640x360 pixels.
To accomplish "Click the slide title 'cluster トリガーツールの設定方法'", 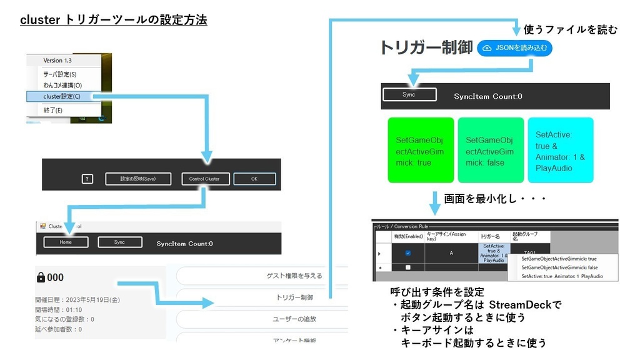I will click(113, 20).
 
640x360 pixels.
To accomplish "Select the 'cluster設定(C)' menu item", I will click(62, 96).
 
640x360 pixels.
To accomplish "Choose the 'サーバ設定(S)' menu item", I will click(60, 74).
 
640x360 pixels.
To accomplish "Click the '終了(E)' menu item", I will click(53, 110).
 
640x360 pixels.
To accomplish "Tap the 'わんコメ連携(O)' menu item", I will click(62, 85).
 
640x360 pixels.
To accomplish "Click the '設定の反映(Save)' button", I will click(137, 179).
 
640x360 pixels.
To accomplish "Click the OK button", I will click(254, 179).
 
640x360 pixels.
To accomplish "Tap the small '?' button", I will click(87, 179).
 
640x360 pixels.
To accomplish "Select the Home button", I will click(66, 242).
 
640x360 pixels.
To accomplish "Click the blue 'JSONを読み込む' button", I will click(514, 48).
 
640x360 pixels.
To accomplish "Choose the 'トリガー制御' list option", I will click(294, 297).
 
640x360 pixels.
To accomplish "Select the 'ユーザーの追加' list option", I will click(294, 319).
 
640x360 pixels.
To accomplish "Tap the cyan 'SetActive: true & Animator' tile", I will click(560, 150).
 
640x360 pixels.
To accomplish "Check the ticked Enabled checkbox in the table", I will click(407, 253).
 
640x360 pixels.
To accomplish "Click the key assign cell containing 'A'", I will click(451, 253).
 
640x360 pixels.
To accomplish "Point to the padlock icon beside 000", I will click(41, 277).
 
